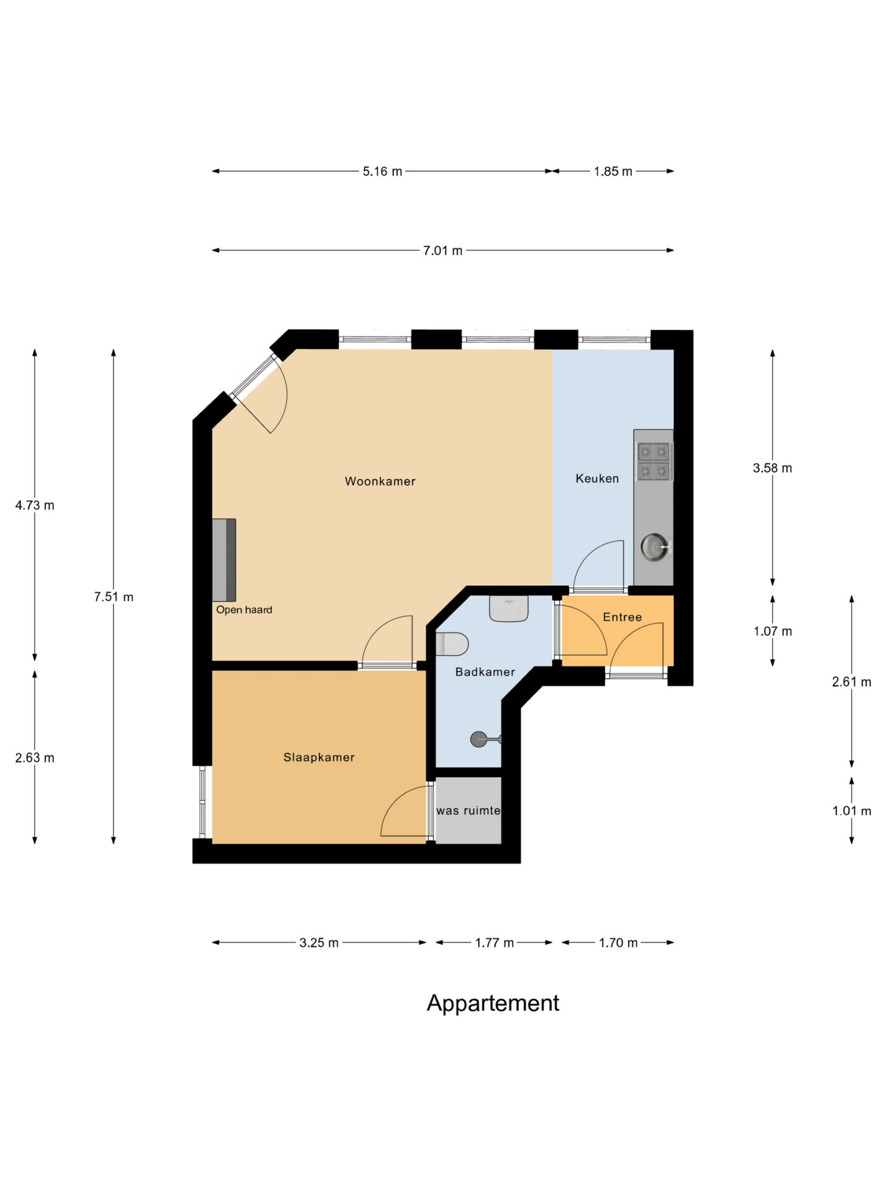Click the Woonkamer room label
380,481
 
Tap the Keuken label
597,478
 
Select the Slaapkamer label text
319,757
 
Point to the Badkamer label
485,672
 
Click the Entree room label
622,617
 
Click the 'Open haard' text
244,610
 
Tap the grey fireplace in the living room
224,560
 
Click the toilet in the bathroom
452,644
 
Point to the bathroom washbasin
509,609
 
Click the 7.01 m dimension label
443,250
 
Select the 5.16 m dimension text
383,172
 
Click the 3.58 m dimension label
772,468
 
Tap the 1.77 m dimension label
495,943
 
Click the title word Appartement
493,1003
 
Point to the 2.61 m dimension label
851,682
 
